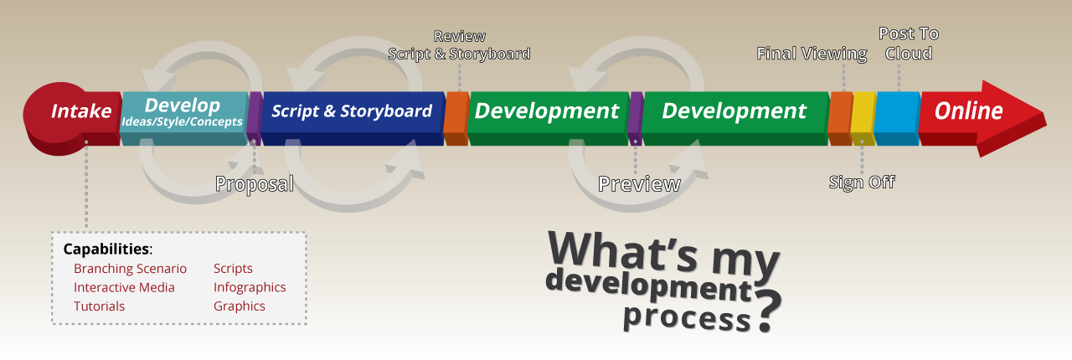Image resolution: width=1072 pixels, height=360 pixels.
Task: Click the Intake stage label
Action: (x=81, y=111)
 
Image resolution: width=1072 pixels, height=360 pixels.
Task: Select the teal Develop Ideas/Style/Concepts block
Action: (x=183, y=118)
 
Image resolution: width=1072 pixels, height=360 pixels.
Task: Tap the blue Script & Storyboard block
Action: (x=353, y=118)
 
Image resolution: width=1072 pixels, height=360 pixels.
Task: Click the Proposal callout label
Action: (x=254, y=184)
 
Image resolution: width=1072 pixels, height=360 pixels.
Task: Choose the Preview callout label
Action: (x=639, y=184)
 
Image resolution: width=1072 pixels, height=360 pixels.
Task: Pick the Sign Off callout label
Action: (x=862, y=183)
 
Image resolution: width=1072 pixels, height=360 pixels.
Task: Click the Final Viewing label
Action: (x=812, y=54)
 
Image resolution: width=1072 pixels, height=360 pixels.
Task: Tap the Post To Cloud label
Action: (x=909, y=44)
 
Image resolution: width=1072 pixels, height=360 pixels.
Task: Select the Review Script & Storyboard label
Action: (x=459, y=45)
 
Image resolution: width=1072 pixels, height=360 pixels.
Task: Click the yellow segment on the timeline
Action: (x=863, y=118)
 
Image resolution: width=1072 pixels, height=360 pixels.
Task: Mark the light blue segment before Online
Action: (x=897, y=118)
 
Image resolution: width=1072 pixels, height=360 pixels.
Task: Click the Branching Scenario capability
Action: (x=130, y=269)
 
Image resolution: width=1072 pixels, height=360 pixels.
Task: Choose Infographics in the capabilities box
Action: (x=250, y=287)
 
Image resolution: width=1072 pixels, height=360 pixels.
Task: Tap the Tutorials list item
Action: (x=99, y=306)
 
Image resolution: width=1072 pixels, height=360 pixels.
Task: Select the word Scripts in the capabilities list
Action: (x=233, y=269)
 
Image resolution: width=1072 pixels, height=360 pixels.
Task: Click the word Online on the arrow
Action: (x=968, y=111)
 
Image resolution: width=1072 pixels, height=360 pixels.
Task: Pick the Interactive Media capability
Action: (x=124, y=287)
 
